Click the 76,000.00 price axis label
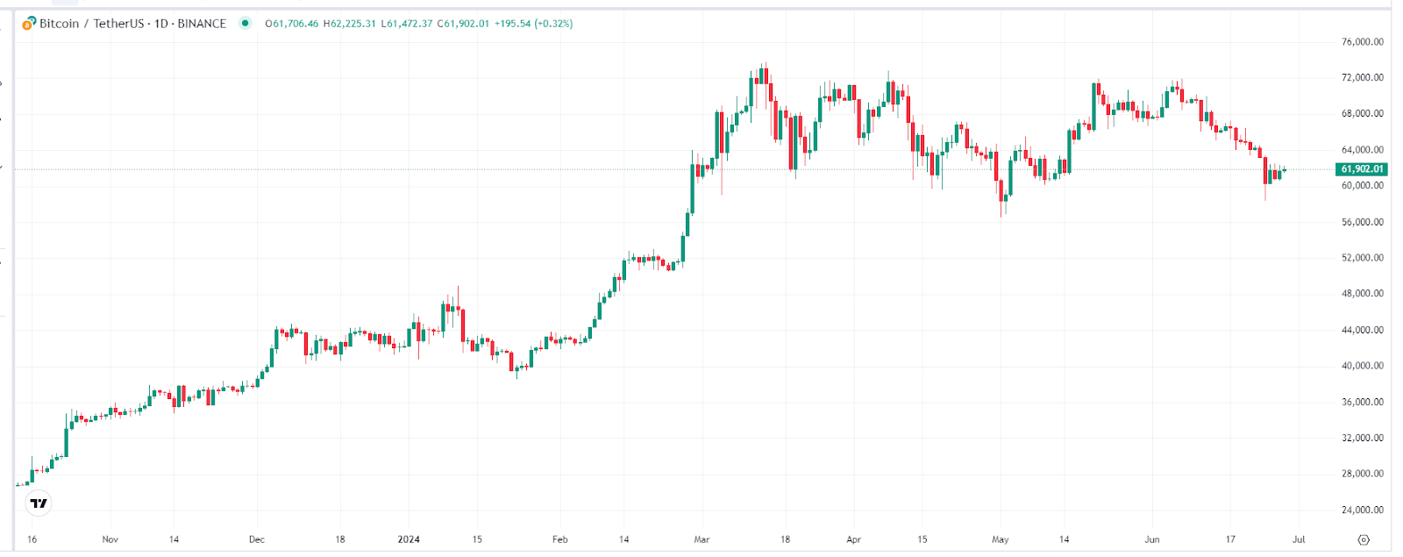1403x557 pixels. (x=1362, y=42)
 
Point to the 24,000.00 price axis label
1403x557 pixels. (x=1362, y=510)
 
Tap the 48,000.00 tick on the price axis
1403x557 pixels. (x=1362, y=294)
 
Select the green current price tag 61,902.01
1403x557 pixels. (x=1362, y=169)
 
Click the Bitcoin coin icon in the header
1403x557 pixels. (x=29, y=24)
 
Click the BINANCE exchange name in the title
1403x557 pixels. (x=202, y=24)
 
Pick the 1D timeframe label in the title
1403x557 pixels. (x=161, y=24)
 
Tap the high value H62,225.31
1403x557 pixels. (x=349, y=24)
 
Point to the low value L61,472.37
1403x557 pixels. (x=407, y=24)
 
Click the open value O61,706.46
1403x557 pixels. (x=292, y=24)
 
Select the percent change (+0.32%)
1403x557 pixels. (x=553, y=24)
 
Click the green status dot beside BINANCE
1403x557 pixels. (x=246, y=24)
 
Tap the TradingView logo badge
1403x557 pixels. (x=39, y=503)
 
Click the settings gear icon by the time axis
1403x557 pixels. (x=1363, y=539)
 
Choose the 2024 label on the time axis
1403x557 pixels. (x=409, y=539)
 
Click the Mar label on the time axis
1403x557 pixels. (x=701, y=539)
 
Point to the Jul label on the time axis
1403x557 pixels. (x=1299, y=539)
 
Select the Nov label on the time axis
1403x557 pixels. (x=110, y=539)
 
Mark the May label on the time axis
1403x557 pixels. (x=1001, y=539)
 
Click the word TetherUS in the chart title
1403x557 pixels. (x=118, y=24)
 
